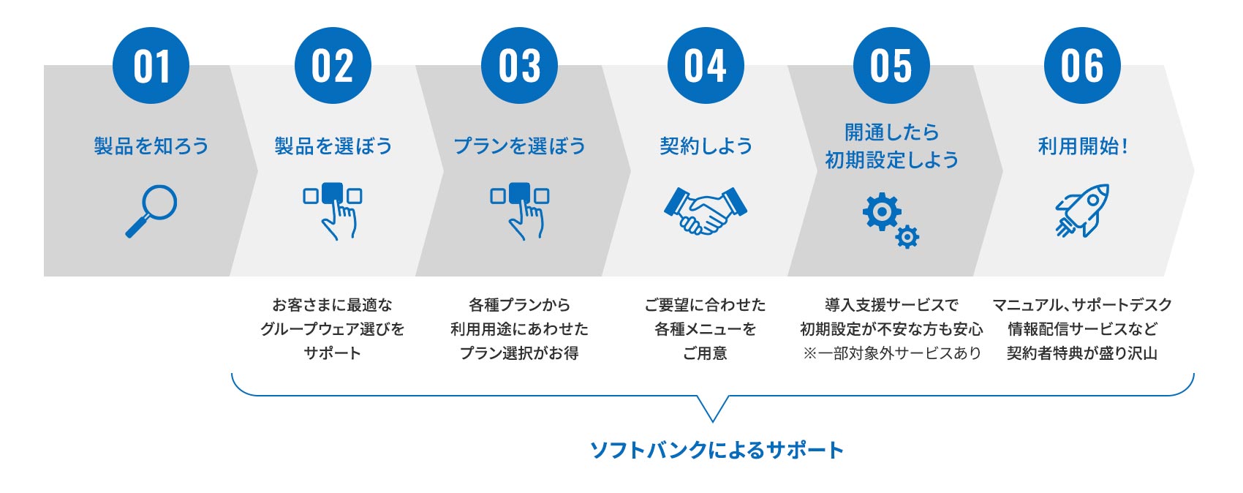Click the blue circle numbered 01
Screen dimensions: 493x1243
(151, 66)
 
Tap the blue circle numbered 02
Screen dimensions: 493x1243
(333, 66)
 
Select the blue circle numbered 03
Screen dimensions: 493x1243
(519, 66)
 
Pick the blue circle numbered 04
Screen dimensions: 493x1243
(706, 66)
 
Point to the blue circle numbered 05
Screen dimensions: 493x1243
(891, 66)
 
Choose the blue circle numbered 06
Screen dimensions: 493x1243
(1082, 66)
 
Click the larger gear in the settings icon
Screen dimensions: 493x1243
(882, 211)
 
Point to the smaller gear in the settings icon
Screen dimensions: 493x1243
(907, 236)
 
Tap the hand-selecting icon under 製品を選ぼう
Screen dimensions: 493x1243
(333, 210)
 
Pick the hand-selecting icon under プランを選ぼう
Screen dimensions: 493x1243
(519, 210)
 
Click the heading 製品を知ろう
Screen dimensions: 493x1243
(151, 146)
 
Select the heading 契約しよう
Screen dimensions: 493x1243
(706, 146)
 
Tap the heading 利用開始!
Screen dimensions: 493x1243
(1082, 146)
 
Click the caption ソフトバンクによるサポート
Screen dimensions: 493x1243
(717, 450)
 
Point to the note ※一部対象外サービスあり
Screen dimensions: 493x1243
(891, 353)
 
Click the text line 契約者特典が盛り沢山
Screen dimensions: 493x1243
(1082, 353)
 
